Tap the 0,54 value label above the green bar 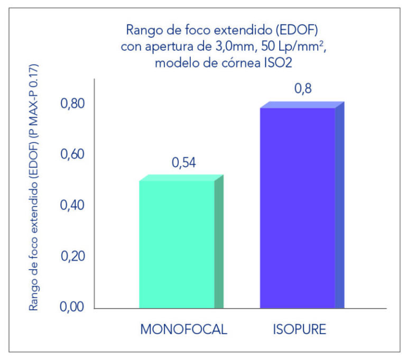tap(184, 163)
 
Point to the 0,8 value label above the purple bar tap(303, 89)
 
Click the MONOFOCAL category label tap(183, 329)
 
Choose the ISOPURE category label tap(300, 329)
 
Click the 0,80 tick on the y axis tap(73, 104)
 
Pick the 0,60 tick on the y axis tap(73, 155)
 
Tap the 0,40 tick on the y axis tap(73, 206)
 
